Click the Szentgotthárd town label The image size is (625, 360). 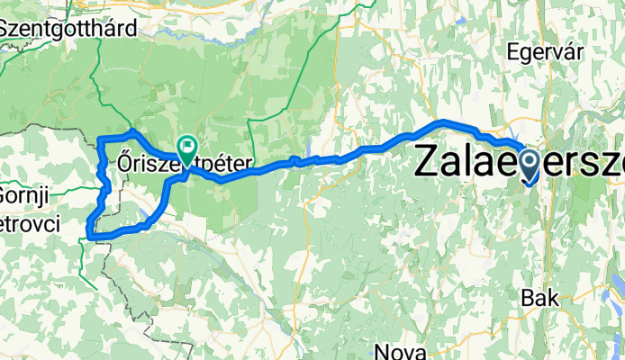(x=68, y=28)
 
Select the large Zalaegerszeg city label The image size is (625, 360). (x=519, y=163)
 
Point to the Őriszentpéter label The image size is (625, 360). (x=185, y=163)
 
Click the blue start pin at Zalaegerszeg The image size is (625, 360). (x=528, y=163)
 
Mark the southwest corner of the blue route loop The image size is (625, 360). (x=88, y=237)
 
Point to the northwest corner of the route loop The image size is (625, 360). (x=98, y=138)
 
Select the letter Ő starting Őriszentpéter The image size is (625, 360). (x=125, y=163)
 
